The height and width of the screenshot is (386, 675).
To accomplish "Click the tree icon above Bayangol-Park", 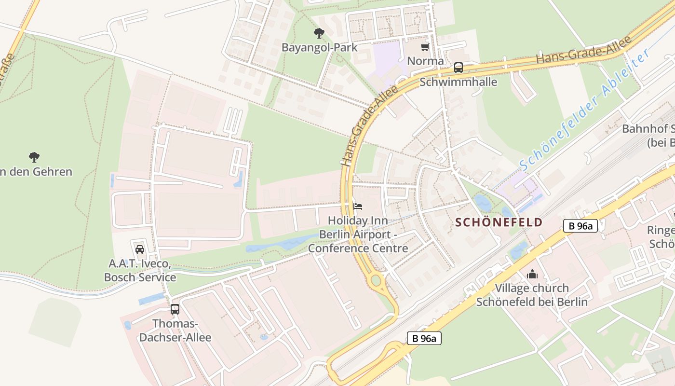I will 319,33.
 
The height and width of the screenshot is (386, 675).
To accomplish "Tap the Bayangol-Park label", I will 319,47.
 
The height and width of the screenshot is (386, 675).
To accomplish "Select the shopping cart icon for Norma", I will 425,47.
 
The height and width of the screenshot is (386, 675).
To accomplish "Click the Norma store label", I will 425,61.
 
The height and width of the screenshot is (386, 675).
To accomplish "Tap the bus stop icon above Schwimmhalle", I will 458,68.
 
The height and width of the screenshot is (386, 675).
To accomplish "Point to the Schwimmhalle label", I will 458,82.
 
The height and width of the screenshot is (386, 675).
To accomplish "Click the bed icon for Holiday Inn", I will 357,207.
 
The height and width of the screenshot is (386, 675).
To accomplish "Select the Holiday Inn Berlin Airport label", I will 358,234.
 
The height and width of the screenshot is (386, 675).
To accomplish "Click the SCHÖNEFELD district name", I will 499,222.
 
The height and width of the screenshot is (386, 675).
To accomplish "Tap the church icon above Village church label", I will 532,274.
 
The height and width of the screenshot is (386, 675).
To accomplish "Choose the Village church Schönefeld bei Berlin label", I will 532,295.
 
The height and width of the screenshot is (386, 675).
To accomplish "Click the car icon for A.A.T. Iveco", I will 140,249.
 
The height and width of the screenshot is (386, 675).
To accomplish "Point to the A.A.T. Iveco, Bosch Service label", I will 140,271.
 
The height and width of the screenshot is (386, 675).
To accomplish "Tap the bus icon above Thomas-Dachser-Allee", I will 175,309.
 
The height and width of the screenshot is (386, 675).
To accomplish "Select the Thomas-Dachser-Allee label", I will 175,330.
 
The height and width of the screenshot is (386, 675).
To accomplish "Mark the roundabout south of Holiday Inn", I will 376,280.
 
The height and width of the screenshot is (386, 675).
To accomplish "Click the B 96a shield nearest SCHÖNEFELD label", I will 580,226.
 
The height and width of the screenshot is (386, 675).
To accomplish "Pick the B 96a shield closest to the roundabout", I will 424,338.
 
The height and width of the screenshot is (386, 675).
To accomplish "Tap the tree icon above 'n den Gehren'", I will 34,157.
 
